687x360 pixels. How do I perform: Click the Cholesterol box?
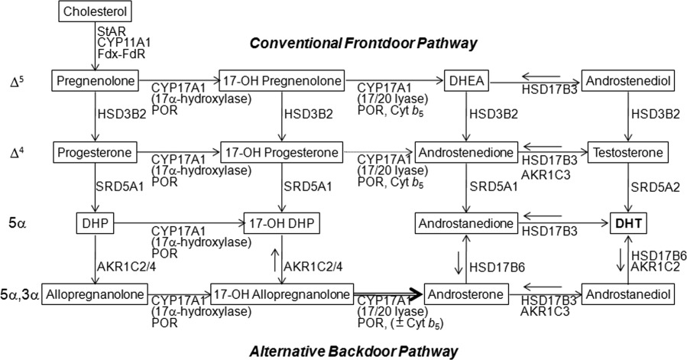pos(96,12)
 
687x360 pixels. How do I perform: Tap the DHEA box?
pos(465,79)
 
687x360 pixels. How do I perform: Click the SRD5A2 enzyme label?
pos(649,187)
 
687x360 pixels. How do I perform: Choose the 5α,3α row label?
pos(21,293)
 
